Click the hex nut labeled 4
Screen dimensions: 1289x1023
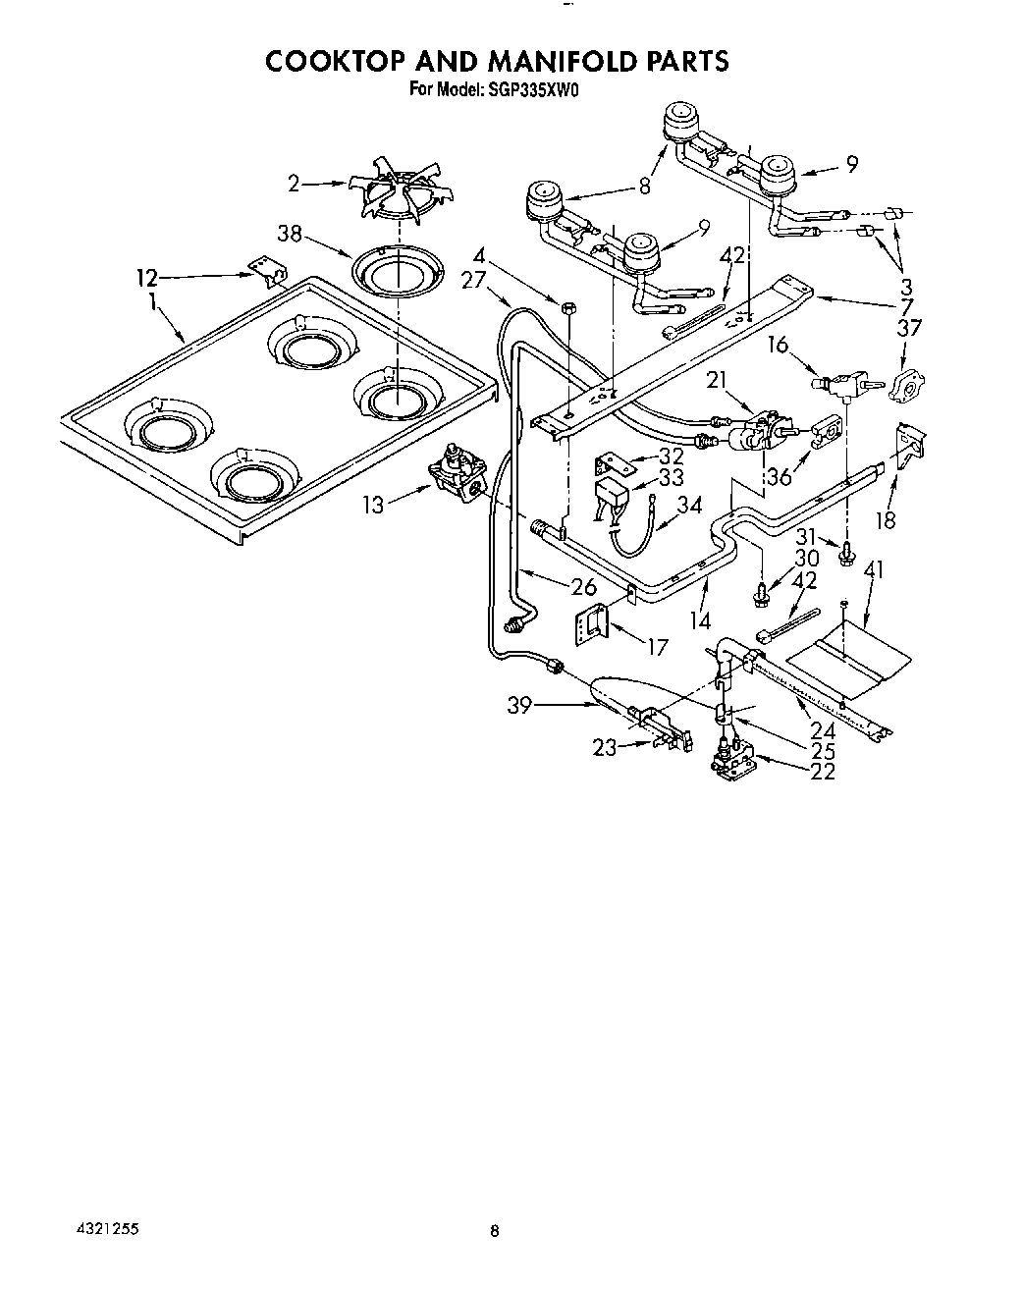[569, 310]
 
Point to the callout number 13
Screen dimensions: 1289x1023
[373, 505]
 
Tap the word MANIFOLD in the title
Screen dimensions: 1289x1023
[547, 61]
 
